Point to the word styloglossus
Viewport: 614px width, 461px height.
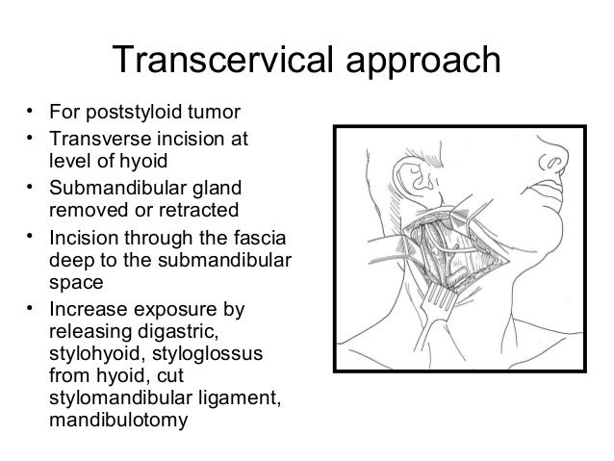(192, 355)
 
